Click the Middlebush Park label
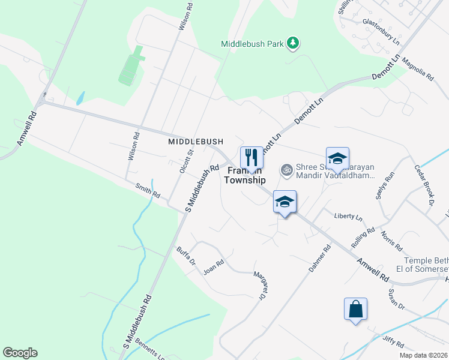[252, 44]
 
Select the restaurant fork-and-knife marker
[252, 157]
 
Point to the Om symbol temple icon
[287, 170]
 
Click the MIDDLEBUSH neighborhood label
[196, 141]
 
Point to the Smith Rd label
[147, 191]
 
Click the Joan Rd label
[213, 266]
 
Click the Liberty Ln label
[349, 216]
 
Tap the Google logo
[20, 353]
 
